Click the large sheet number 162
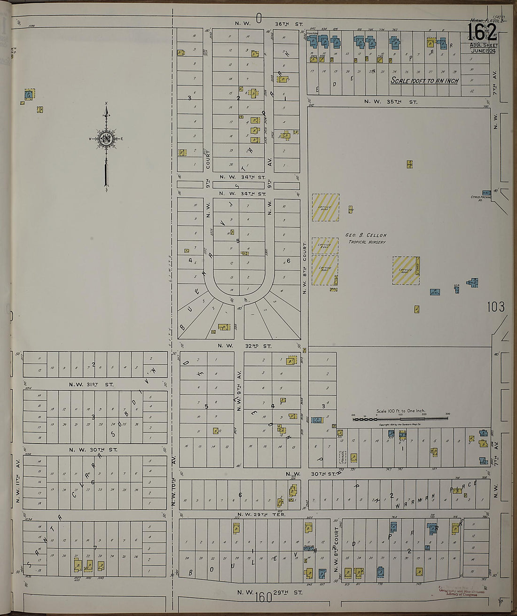[481, 32]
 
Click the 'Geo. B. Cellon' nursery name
[366, 235]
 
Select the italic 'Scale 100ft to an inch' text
[424, 80]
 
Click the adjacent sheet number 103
[495, 307]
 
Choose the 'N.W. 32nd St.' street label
[244, 346]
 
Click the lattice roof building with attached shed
[406, 270]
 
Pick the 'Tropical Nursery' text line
[367, 242]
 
